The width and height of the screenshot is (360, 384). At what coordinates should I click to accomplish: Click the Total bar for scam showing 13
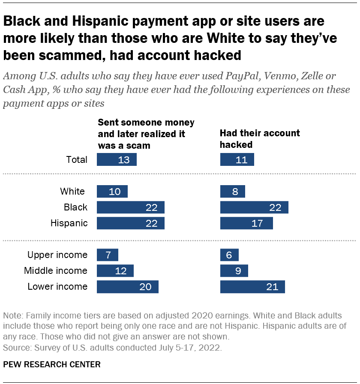point(117,159)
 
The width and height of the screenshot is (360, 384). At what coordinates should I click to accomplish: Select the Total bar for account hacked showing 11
point(237,159)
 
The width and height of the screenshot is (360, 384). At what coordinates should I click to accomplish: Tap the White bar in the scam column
point(112,191)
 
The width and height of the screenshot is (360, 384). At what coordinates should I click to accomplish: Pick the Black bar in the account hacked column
point(254,207)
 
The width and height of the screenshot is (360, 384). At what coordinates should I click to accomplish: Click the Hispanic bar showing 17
point(246,223)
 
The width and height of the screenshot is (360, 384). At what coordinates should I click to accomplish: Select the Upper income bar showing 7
point(107,255)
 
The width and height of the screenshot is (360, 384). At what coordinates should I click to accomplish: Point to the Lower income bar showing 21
point(252,287)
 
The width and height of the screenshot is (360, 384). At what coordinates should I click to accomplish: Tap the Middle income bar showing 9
point(234,271)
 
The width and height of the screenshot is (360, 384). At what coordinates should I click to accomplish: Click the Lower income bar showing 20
point(128,287)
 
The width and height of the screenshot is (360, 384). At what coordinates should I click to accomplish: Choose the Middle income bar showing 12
point(115,271)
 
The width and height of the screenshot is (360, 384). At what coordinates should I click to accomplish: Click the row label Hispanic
point(69,223)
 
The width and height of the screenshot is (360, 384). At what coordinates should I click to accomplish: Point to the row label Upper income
point(57,255)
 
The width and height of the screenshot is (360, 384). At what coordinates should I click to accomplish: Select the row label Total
point(77,160)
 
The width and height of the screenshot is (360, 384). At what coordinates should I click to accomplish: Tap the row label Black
point(75,207)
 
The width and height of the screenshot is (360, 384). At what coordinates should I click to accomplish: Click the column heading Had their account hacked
point(260,139)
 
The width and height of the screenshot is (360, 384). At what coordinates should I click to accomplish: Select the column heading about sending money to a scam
point(146,134)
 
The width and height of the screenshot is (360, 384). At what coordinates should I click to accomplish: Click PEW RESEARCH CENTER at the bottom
point(52,365)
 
